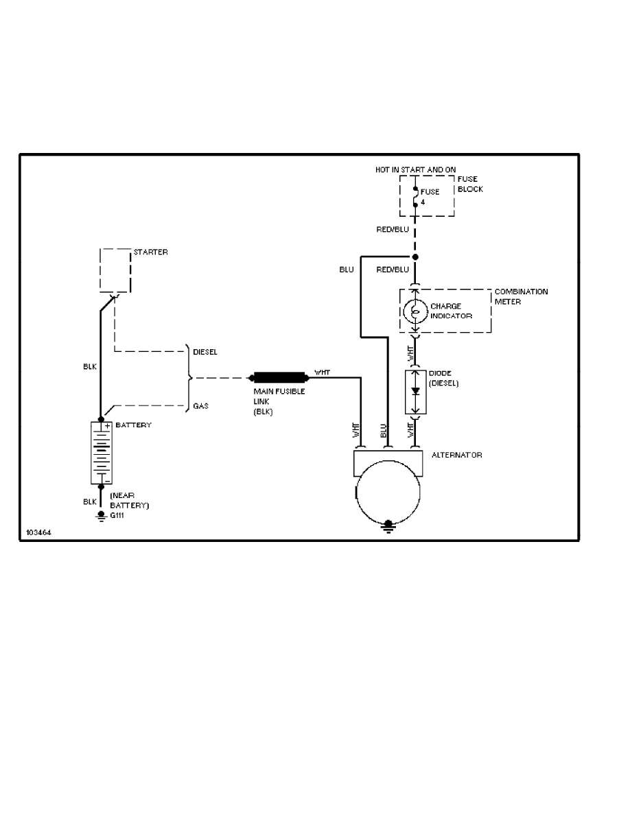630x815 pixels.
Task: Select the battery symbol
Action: coord(101,453)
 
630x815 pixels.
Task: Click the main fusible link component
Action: coord(279,377)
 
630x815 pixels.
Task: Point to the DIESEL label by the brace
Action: coord(205,352)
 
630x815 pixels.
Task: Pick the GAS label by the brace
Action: coord(200,406)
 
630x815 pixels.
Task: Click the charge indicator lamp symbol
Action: coord(414,311)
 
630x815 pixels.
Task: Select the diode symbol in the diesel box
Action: coord(414,392)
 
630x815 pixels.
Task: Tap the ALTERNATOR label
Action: coord(456,455)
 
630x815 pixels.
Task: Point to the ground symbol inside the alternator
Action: coord(388,525)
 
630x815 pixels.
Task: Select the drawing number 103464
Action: coord(38,532)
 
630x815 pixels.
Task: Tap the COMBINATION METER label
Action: coord(521,296)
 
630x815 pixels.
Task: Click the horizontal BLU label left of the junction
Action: coord(347,270)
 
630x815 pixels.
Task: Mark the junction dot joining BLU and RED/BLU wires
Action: coord(414,257)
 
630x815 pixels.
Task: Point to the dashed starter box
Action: coord(115,270)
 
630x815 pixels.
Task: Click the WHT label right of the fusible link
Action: coord(321,373)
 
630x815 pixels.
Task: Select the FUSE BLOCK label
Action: coord(470,184)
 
